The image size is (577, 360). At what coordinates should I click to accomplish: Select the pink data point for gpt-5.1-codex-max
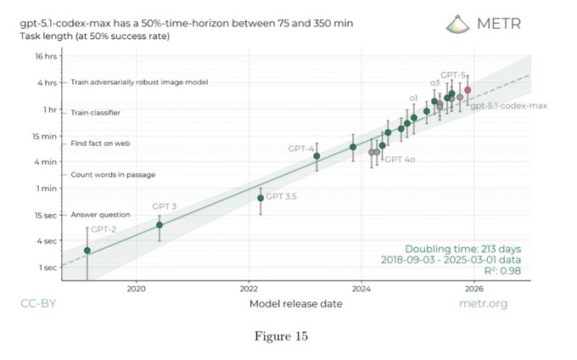(468, 90)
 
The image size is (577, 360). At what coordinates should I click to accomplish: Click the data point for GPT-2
(87, 250)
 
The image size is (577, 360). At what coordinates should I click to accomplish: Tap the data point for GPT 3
(160, 225)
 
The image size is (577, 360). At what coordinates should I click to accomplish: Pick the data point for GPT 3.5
(260, 198)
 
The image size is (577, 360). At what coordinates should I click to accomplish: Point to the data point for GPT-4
(317, 156)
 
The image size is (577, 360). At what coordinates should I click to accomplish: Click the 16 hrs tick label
(44, 56)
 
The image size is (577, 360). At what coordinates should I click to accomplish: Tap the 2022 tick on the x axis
(249, 288)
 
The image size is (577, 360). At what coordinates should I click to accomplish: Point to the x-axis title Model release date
(295, 303)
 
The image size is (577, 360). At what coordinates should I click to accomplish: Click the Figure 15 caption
(285, 336)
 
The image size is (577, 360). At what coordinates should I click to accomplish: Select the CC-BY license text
(38, 303)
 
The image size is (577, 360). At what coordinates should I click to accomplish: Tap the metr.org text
(482, 303)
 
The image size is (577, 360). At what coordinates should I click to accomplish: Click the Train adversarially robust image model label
(139, 82)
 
